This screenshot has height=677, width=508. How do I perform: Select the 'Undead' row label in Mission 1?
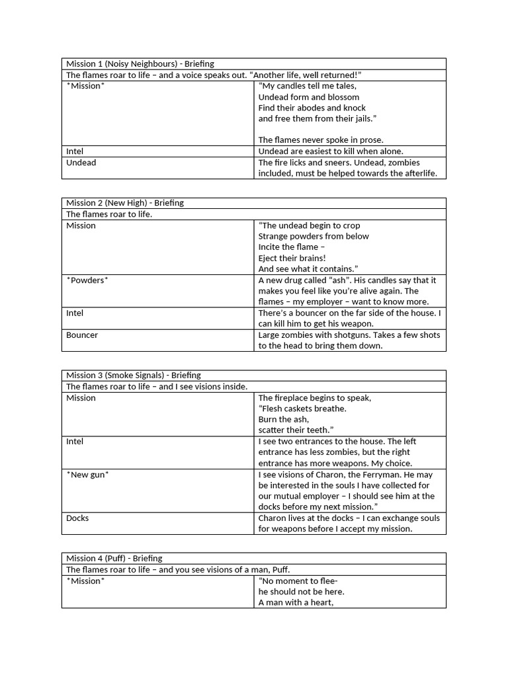click(81, 163)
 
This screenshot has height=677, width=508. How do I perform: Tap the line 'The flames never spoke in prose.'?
click(321, 140)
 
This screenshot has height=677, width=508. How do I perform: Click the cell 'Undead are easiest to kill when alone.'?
click(331, 151)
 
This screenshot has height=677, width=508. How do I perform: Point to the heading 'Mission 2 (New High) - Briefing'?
click(125, 203)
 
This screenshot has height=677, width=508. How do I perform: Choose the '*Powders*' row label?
click(87, 280)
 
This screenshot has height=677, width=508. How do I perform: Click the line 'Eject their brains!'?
click(292, 258)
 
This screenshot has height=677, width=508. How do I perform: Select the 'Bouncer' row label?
click(82, 335)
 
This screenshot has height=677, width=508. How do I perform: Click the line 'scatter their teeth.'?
click(295, 430)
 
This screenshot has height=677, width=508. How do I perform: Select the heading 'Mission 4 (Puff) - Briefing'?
click(114, 559)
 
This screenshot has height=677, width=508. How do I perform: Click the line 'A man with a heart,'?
click(296, 603)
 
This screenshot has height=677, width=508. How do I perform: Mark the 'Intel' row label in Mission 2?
click(75, 313)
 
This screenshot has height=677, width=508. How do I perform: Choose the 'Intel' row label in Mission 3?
click(75, 442)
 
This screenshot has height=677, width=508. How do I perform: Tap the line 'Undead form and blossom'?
click(309, 97)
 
